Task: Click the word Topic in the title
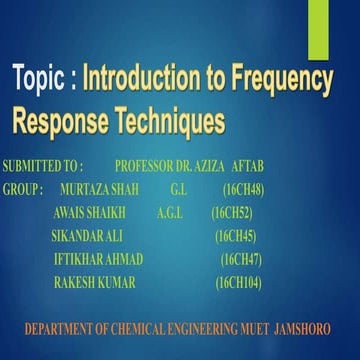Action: tap(40, 78)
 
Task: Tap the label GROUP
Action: tap(23, 187)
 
